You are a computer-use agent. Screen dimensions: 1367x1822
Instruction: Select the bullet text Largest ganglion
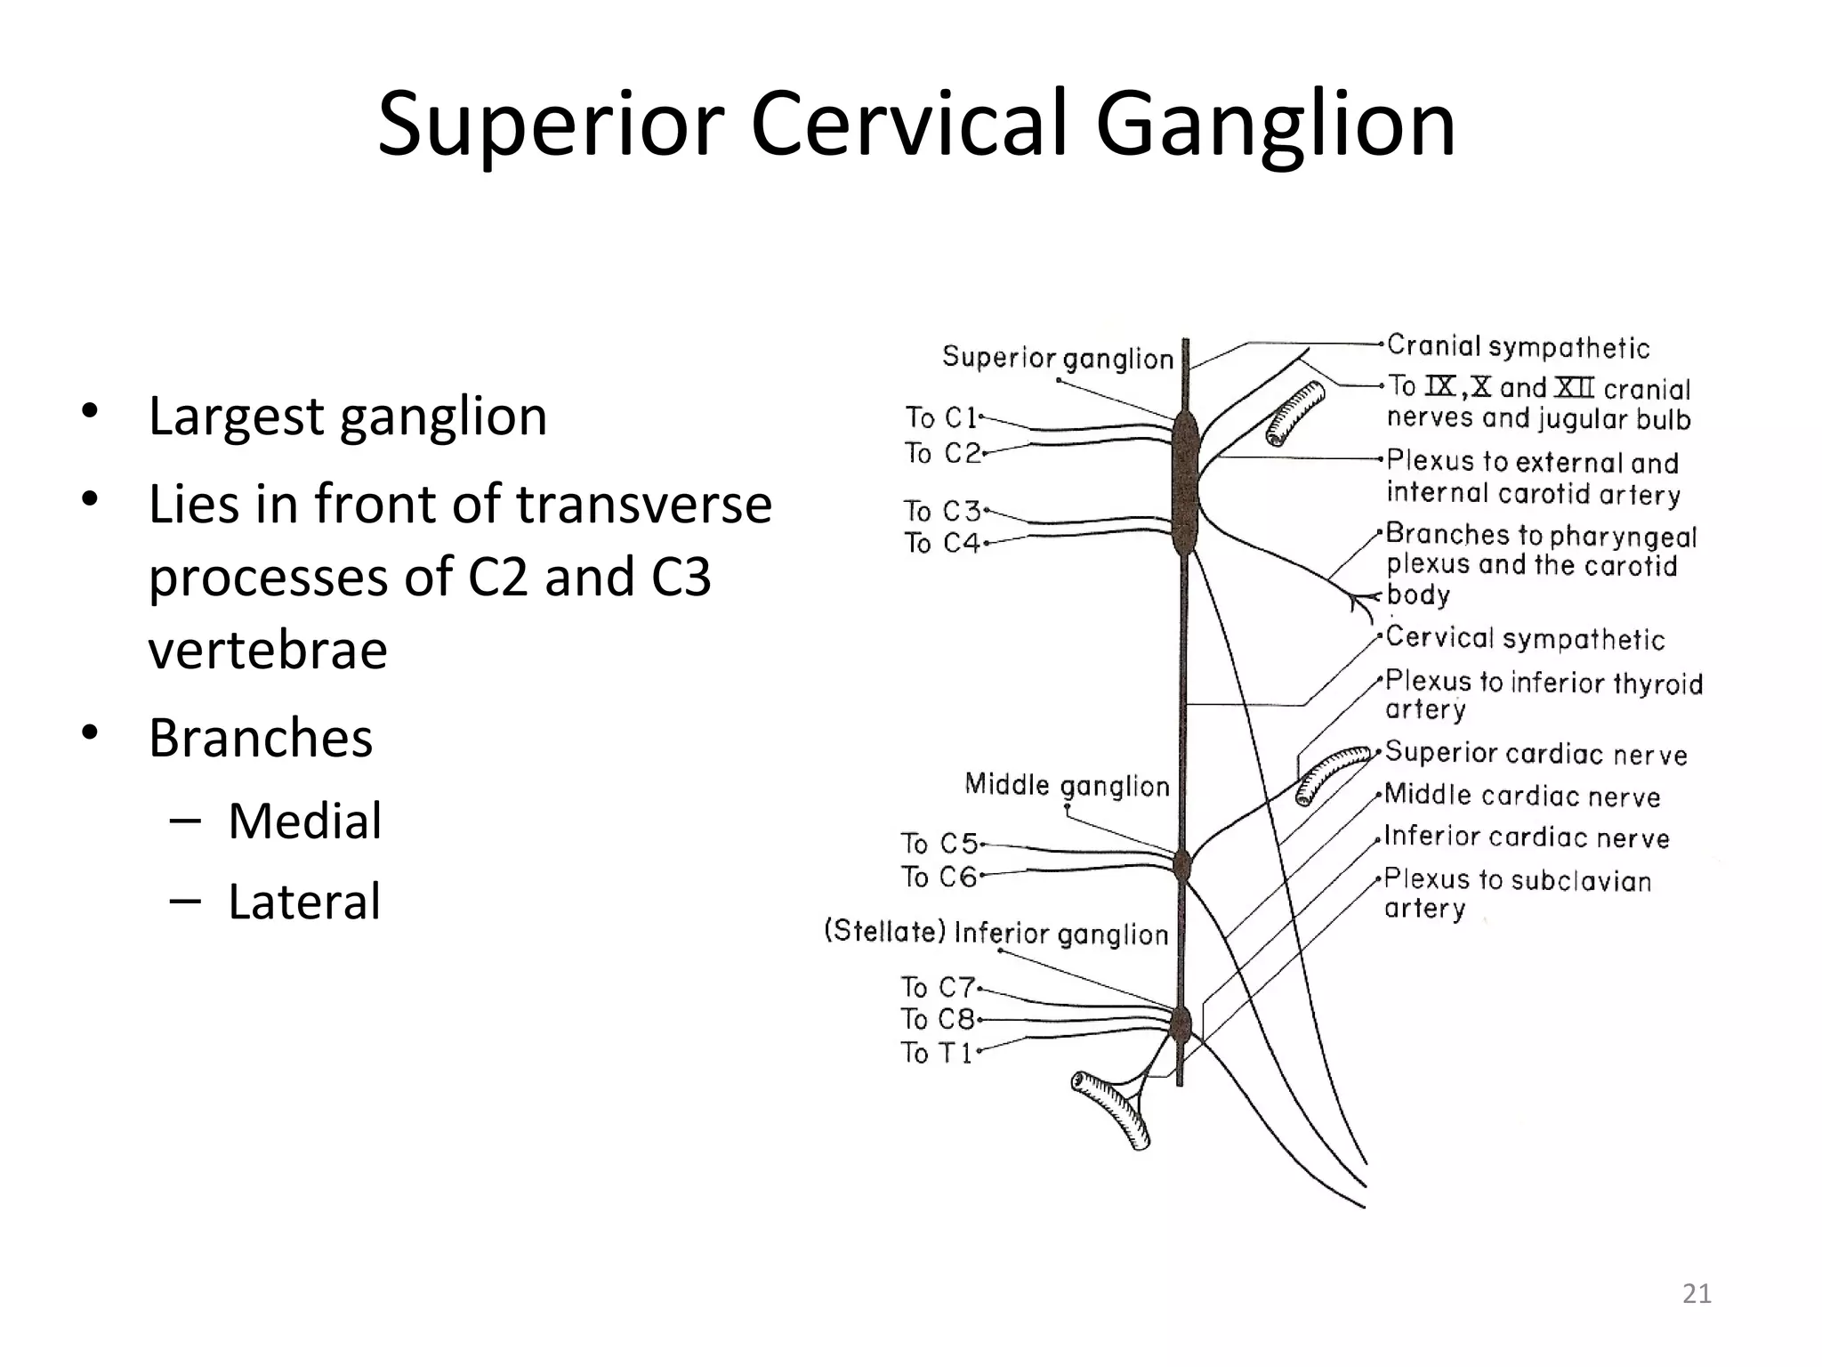click(347, 416)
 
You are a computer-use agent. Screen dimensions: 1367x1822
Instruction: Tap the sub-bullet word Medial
click(304, 821)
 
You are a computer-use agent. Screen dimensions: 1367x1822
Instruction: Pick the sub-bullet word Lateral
click(304, 902)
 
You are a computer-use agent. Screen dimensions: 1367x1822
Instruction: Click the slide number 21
click(1697, 1293)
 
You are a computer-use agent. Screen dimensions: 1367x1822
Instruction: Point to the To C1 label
click(941, 417)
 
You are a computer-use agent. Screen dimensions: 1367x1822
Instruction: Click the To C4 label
click(941, 543)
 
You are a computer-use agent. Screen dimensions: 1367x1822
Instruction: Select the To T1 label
click(937, 1053)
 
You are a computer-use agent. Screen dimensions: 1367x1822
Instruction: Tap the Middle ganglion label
click(1067, 785)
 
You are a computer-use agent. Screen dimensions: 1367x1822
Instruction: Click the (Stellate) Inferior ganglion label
click(996, 933)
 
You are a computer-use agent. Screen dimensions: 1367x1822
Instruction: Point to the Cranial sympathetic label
click(1518, 346)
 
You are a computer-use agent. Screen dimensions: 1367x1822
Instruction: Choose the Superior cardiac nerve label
click(1536, 753)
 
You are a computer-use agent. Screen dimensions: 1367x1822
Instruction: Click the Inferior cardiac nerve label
click(1527, 837)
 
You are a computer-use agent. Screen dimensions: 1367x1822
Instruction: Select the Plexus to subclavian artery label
click(1517, 893)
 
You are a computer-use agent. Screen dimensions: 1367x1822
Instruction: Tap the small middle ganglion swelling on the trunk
click(1182, 864)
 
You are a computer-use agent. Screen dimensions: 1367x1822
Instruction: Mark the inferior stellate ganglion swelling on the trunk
click(1181, 1025)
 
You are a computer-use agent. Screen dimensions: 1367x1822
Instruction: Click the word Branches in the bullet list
click(260, 738)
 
